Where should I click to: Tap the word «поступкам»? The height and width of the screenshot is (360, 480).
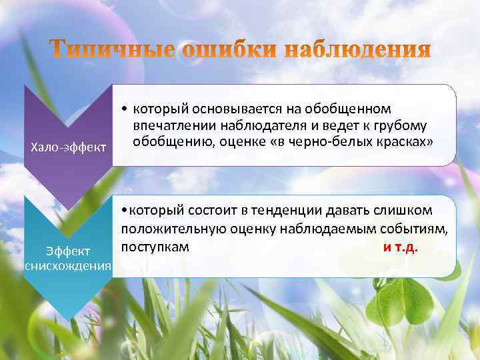coord(155,247)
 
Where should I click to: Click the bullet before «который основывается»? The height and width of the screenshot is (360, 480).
coord(125,109)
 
